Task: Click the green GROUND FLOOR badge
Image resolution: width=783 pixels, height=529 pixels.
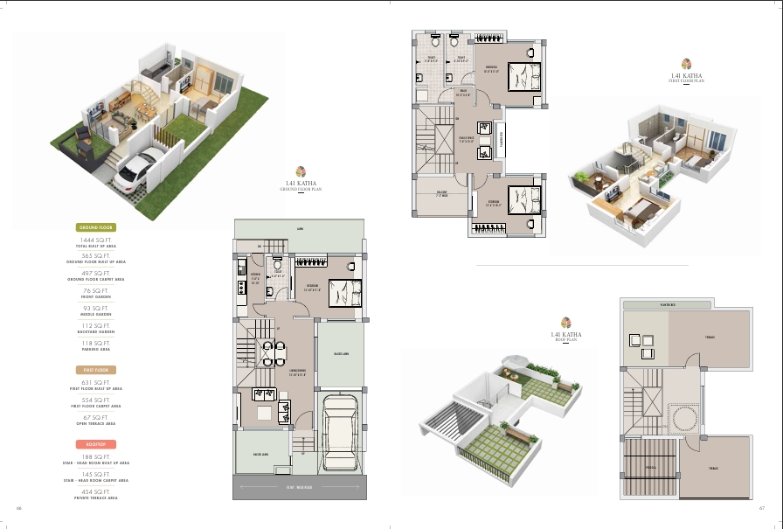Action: [x=96, y=227]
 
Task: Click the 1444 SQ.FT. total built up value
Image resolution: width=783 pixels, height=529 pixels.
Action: [x=96, y=239]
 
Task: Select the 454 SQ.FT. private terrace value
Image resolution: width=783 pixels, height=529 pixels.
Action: [x=96, y=491]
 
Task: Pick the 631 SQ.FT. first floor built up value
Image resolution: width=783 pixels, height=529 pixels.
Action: [x=96, y=382]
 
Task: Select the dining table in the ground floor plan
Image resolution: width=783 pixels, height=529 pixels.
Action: [x=276, y=353]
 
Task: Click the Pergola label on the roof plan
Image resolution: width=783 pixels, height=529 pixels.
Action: [x=650, y=466]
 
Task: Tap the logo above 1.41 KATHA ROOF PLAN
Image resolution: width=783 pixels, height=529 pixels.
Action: [x=565, y=323]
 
